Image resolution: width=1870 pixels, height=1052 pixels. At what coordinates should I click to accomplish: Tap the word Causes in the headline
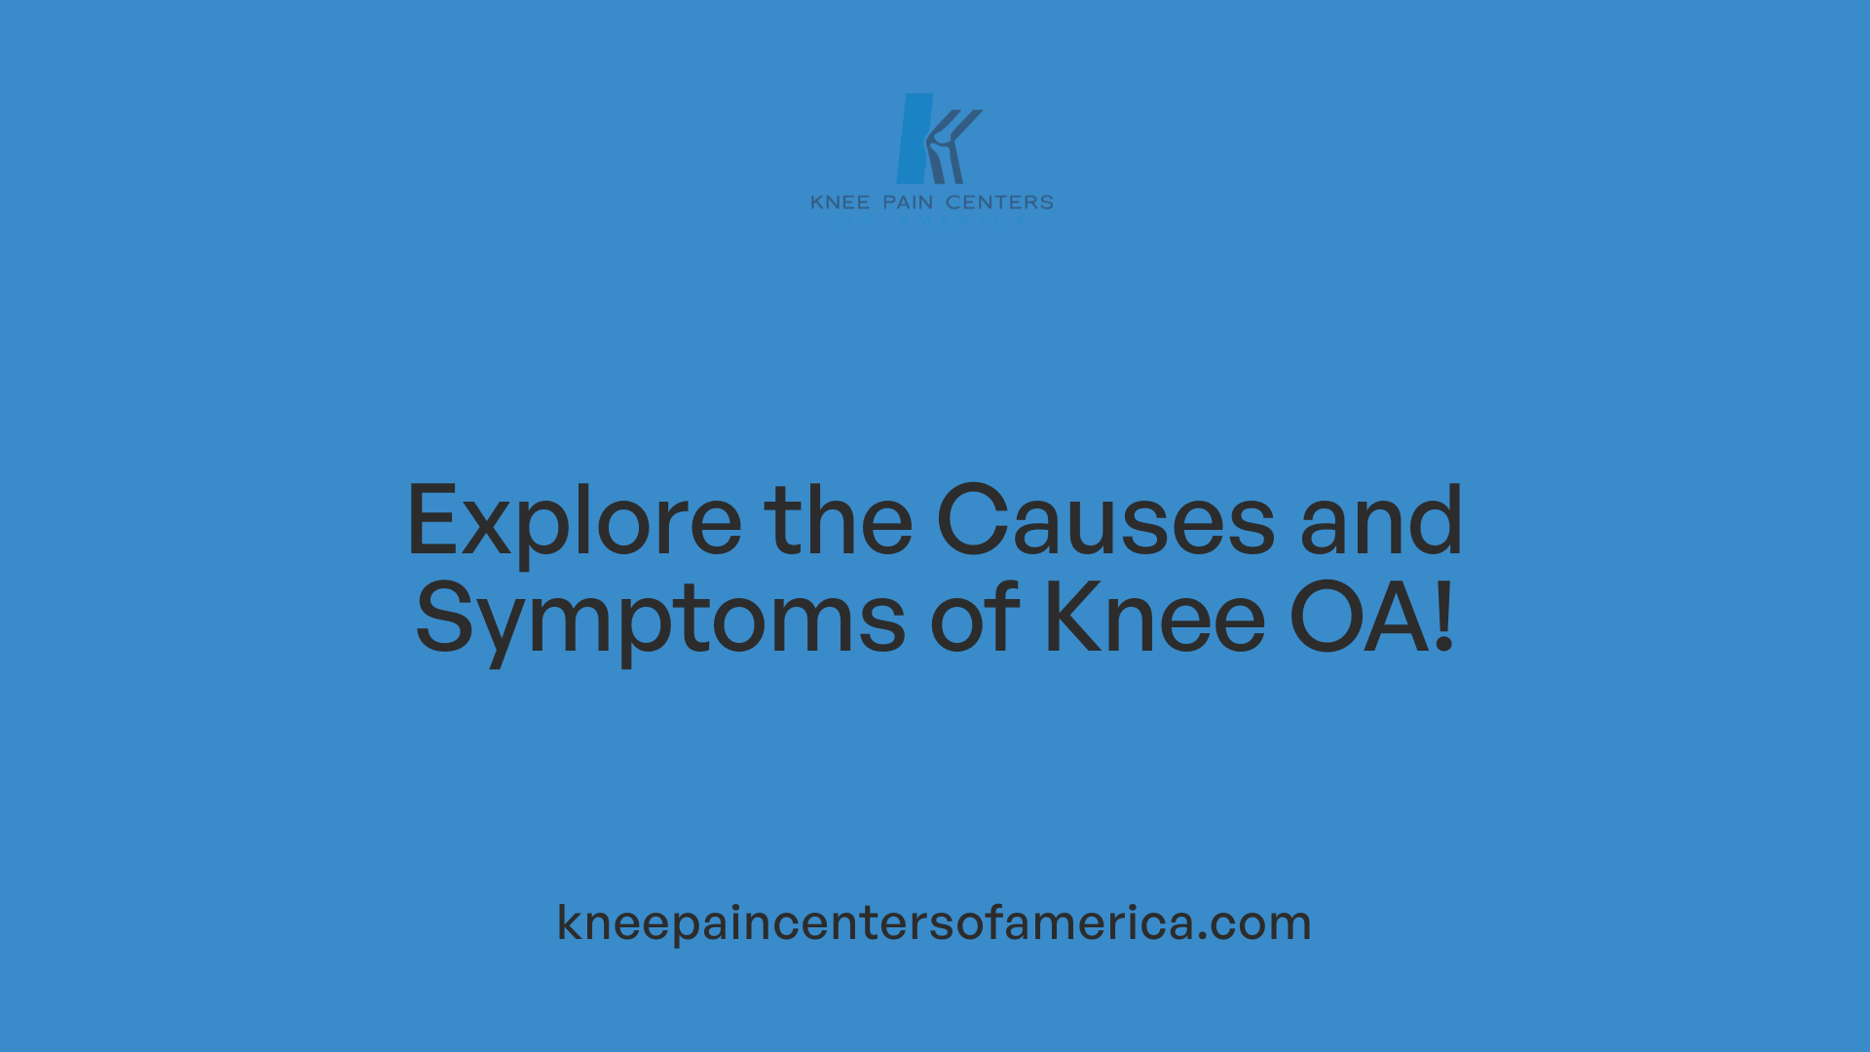pyautogui.click(x=1105, y=521)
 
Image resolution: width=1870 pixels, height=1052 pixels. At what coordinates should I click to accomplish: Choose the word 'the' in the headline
pyautogui.click(x=838, y=521)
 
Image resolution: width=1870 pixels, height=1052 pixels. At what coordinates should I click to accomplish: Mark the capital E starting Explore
pyautogui.click(x=431, y=521)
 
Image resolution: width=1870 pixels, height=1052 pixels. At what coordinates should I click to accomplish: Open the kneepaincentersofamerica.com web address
pyautogui.click(x=934, y=922)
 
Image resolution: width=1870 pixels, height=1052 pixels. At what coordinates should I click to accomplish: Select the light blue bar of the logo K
pyautogui.click(x=914, y=138)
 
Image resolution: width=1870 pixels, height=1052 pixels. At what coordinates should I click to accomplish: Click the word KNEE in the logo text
pyautogui.click(x=840, y=203)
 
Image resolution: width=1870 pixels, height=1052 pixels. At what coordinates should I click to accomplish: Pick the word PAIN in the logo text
pyautogui.click(x=908, y=203)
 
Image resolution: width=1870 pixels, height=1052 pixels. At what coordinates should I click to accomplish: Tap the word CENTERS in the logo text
pyautogui.click(x=999, y=203)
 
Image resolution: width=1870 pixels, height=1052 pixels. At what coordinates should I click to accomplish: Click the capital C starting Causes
pyautogui.click(x=976, y=521)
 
